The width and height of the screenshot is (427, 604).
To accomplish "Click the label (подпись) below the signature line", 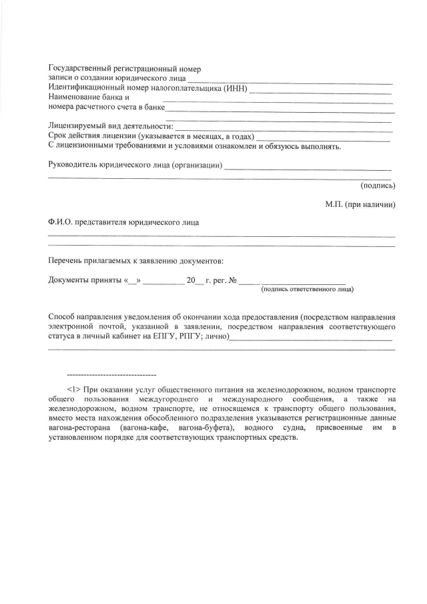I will [378, 186].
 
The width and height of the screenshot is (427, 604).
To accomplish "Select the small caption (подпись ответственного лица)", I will [307, 289].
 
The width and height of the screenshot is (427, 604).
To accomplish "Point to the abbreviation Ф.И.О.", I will [61, 222].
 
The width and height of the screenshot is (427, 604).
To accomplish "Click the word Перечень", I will [67, 260].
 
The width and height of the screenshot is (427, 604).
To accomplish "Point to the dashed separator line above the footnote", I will [111, 375].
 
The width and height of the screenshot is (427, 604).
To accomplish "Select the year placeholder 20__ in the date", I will [194, 280].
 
